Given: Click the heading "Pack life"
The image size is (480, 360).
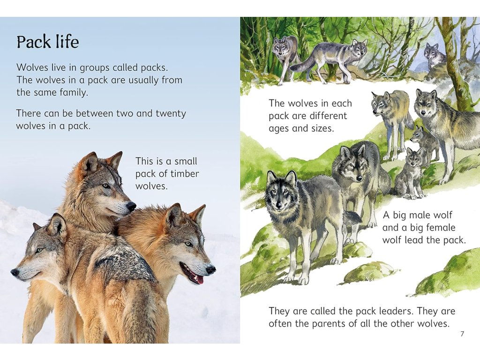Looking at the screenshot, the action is (x=48, y=42).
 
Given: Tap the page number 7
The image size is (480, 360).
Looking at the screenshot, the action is (x=462, y=334).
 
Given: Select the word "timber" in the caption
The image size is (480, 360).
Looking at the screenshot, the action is (x=184, y=173).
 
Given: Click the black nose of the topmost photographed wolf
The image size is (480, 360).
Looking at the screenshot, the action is (x=131, y=206).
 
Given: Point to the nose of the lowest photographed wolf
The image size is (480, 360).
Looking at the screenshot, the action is (x=15, y=272).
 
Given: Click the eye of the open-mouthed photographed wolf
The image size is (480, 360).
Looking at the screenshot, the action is (x=188, y=244).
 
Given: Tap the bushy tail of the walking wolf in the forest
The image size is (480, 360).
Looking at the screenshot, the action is (x=304, y=64).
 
